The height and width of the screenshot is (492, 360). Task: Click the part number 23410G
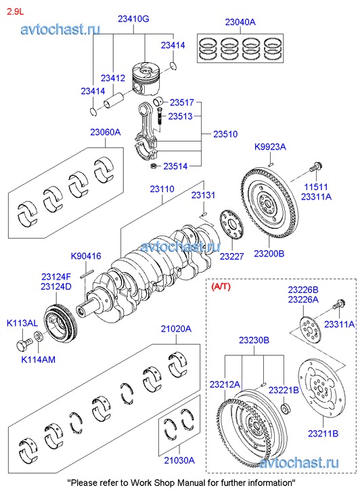point(133,19)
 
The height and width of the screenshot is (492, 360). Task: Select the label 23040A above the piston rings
point(240,22)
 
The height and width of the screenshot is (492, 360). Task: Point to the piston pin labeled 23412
point(114,100)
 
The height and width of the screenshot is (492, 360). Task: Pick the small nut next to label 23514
point(154,166)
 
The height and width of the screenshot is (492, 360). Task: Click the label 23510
point(225,134)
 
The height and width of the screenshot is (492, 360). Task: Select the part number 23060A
point(105,132)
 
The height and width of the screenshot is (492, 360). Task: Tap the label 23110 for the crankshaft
point(162,189)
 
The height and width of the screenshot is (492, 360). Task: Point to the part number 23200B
point(269,253)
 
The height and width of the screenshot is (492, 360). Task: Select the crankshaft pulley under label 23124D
point(60,326)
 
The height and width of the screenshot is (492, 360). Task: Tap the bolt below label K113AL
point(24,344)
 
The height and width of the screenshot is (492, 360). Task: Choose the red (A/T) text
point(221,286)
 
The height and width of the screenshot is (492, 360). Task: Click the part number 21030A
point(179,460)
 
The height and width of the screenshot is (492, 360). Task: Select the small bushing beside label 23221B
point(286,409)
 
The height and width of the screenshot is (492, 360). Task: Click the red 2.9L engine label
point(15,12)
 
